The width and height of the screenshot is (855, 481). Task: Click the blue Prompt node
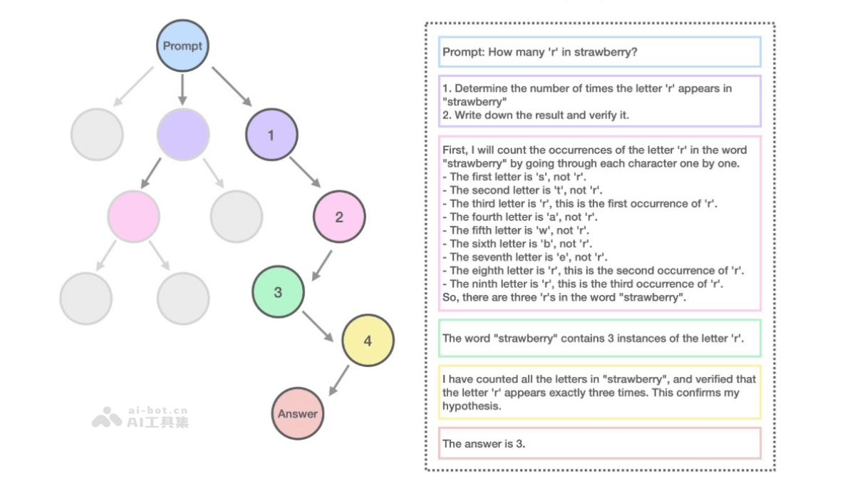click(x=182, y=46)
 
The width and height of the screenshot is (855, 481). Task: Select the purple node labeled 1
click(x=271, y=134)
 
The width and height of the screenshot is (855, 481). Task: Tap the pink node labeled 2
click(x=339, y=217)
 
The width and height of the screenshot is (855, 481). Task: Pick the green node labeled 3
click(x=278, y=292)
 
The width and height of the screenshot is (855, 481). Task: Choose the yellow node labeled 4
click(x=368, y=341)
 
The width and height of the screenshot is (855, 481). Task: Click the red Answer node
click(x=298, y=413)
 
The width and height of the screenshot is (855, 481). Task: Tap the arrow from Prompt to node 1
click(x=232, y=86)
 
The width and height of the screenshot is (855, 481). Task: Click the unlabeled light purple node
click(x=183, y=134)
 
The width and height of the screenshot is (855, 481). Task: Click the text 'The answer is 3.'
click(x=483, y=443)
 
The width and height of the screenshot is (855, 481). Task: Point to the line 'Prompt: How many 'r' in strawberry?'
click(x=539, y=52)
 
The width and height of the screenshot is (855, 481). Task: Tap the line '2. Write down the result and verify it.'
click(x=535, y=115)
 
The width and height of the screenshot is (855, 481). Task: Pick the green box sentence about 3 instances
click(x=593, y=338)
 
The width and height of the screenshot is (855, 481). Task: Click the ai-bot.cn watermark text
click(x=157, y=410)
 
